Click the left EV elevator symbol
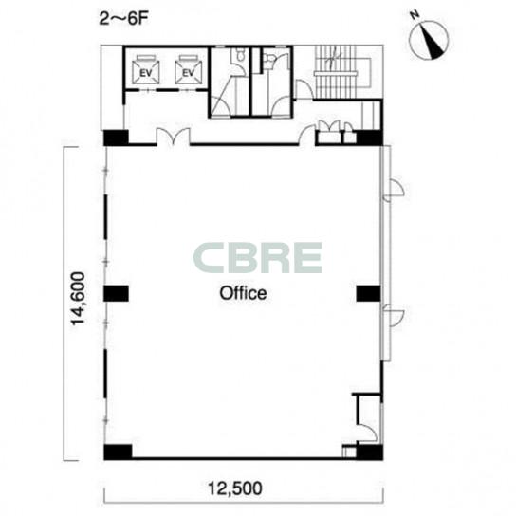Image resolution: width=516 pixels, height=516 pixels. tap(145, 69)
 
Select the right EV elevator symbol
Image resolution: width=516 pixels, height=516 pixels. tap(189, 69)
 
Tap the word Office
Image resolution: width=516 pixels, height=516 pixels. tap(243, 293)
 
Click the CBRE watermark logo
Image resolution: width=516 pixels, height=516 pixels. tap(258, 258)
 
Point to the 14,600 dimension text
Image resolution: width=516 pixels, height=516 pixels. tap(79, 299)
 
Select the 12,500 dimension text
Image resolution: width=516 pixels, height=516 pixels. tap(235, 488)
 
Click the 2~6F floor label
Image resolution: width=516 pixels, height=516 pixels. tap(123, 19)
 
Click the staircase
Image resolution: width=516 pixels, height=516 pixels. tap(336, 72)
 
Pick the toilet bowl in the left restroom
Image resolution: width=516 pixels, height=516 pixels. tap(241, 55)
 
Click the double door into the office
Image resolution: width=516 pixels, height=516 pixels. tap(174, 136)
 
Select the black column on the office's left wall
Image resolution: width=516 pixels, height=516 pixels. tap(116, 293)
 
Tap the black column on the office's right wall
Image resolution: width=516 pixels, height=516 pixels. tap(369, 293)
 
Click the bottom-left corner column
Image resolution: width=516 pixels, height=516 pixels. tap(118, 451)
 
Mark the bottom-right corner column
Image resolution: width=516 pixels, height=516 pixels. tap(370, 452)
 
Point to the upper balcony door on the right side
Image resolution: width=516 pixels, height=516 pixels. tap(394, 190)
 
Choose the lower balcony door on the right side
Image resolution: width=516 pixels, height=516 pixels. tap(394, 315)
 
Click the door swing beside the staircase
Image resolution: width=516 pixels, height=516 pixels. tap(304, 89)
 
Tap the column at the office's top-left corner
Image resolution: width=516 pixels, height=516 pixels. tap(116, 138)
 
